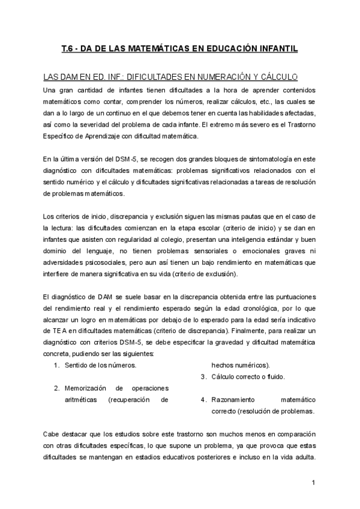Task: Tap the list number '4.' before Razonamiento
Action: [204, 399]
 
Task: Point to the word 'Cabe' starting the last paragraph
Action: [51, 433]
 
